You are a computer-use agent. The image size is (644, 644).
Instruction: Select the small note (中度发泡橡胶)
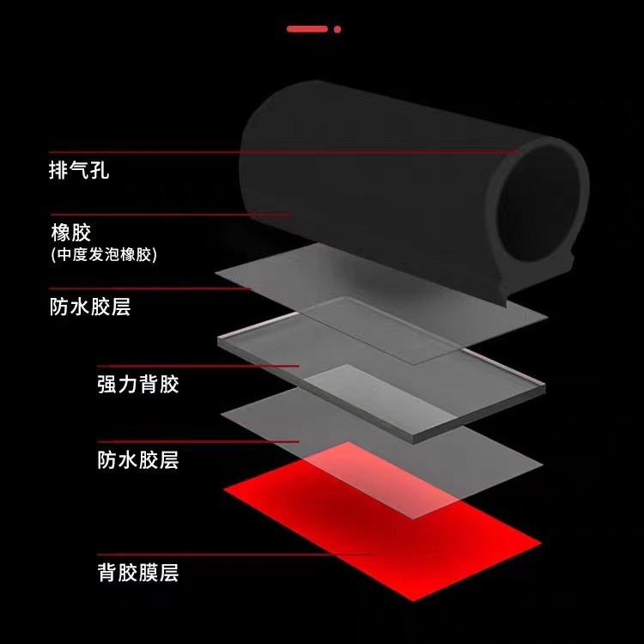(104, 255)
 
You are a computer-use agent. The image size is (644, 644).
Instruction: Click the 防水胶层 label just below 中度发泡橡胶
(90, 307)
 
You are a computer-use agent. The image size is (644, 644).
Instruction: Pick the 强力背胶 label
(137, 384)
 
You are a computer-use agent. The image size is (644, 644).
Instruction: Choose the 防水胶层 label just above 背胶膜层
(137, 460)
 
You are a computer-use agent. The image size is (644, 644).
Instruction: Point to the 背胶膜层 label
(137, 572)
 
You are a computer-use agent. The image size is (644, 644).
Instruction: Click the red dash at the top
(307, 28)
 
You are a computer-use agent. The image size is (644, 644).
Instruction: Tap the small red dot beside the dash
(337, 28)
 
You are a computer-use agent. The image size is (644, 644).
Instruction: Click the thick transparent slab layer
(378, 365)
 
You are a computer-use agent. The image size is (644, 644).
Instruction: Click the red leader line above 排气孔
(258, 153)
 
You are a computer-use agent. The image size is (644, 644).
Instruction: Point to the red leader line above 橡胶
(172, 215)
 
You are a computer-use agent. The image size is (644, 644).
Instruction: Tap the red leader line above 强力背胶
(197, 366)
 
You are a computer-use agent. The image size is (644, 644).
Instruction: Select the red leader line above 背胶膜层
(215, 554)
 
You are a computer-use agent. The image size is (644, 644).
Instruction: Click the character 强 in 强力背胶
(106, 384)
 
